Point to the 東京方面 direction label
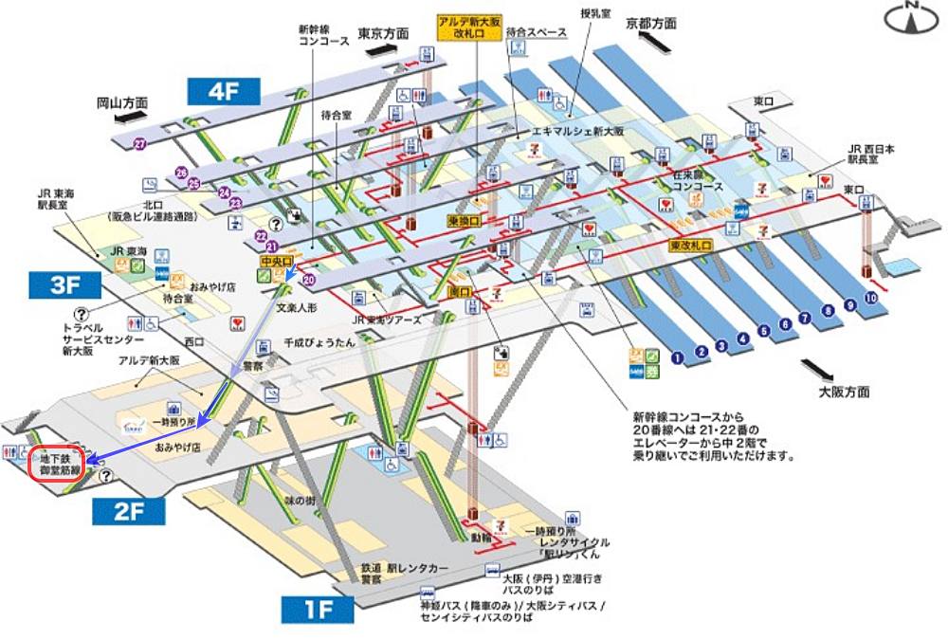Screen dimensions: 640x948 (x=384, y=33)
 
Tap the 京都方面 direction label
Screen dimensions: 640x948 (x=651, y=24)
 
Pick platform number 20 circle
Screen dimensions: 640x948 (x=308, y=280)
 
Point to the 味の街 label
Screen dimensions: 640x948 (x=297, y=499)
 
